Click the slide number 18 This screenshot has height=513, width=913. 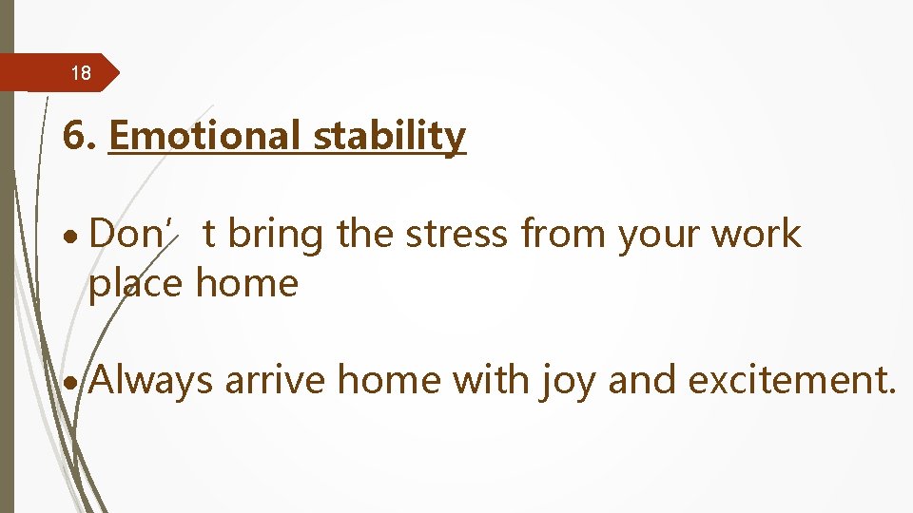[x=81, y=73]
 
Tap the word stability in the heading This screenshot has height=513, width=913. [x=390, y=136]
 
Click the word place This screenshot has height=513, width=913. [x=137, y=283]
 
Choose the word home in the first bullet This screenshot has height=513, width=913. [x=247, y=282]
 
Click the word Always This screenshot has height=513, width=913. [x=152, y=381]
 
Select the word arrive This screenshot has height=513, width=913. [x=276, y=381]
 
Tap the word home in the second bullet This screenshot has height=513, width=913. [x=390, y=380]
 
